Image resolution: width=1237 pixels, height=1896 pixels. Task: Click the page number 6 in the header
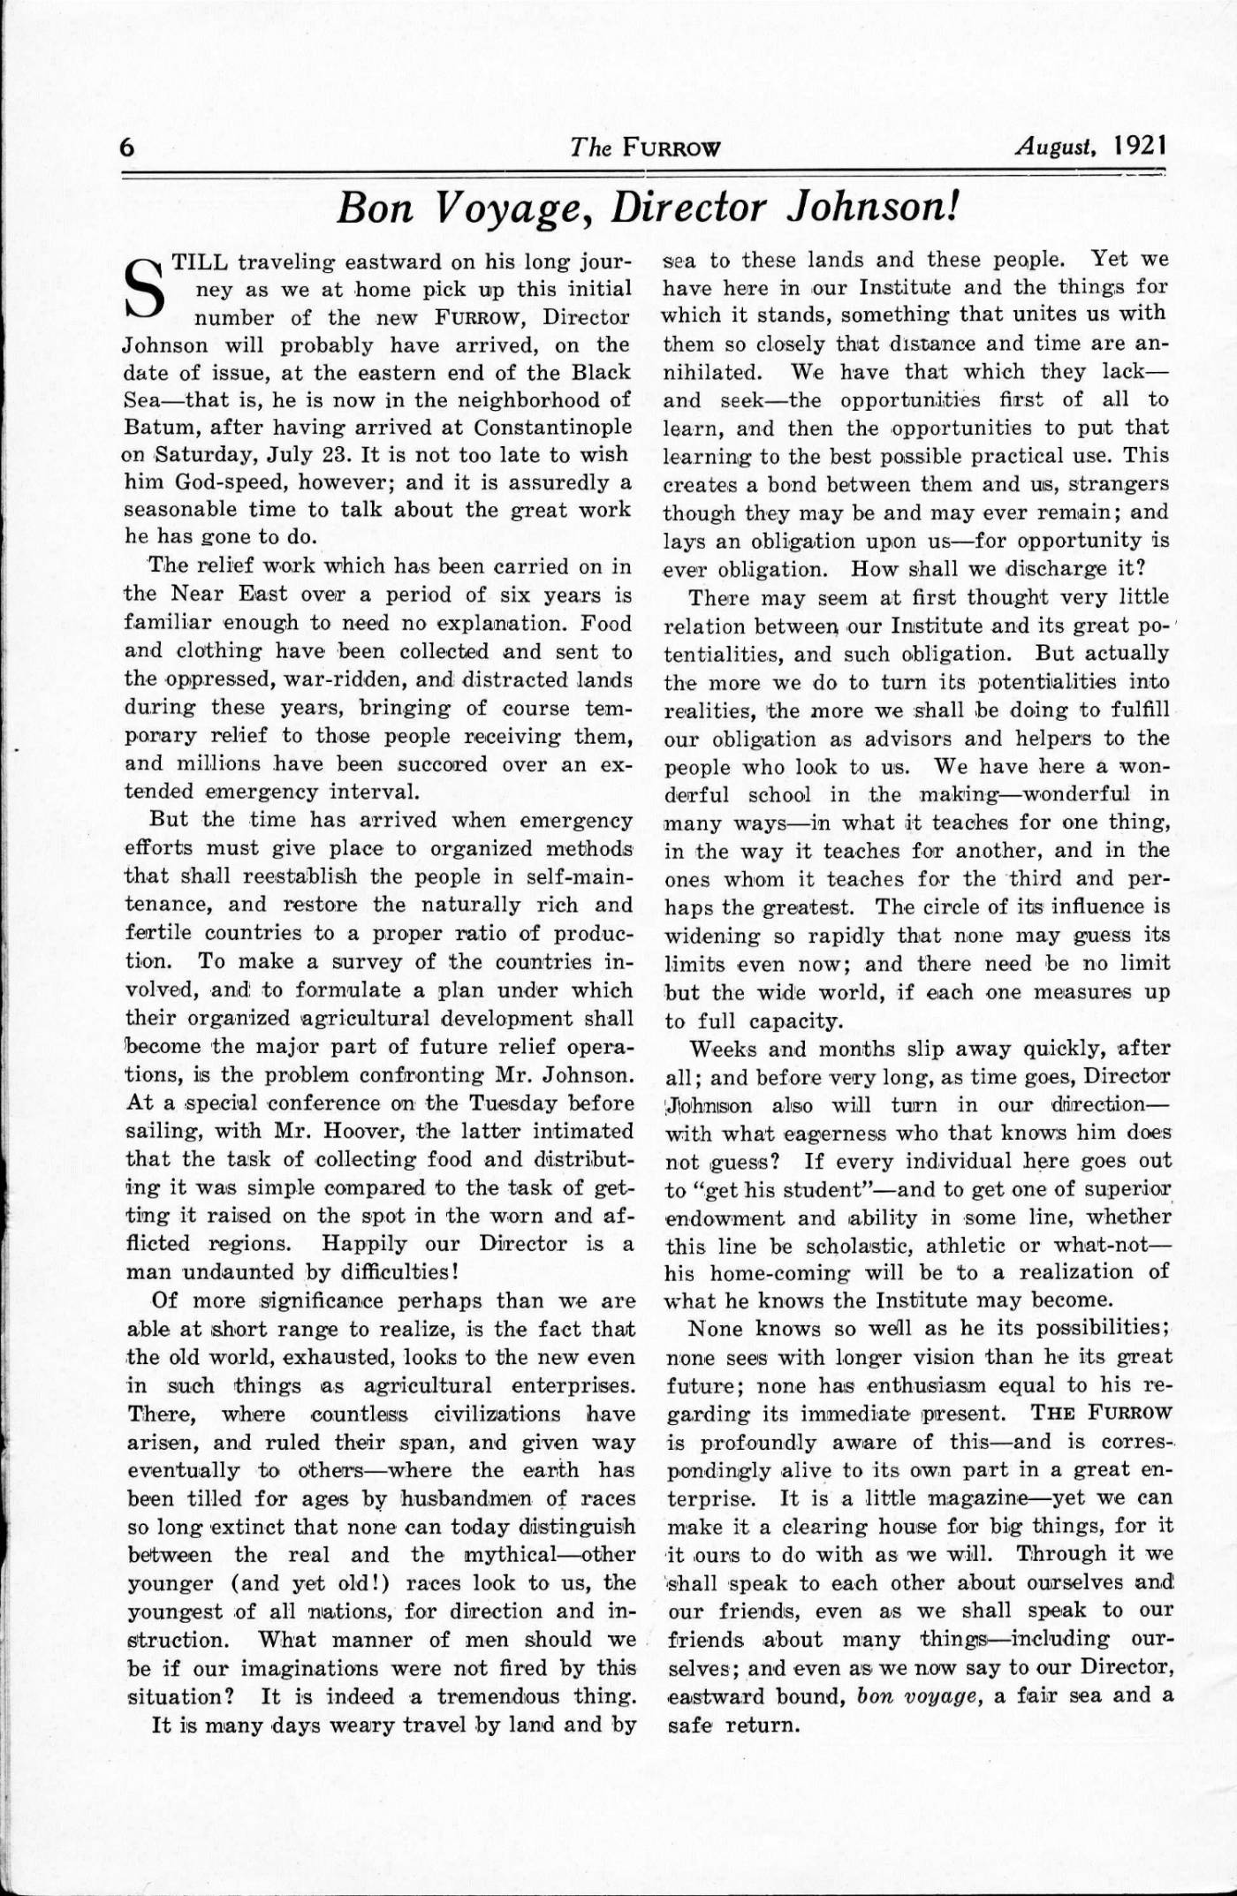[127, 147]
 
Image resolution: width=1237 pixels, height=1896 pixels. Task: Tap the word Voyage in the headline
[516, 208]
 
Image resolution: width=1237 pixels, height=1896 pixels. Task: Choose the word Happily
[369, 1244]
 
